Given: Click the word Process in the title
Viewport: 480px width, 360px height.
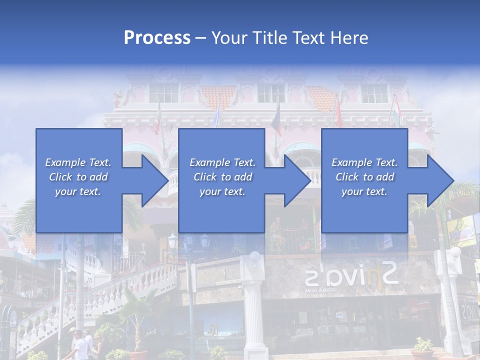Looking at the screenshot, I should tap(157, 38).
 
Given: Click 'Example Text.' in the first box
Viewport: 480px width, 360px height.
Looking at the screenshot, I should tap(78, 162).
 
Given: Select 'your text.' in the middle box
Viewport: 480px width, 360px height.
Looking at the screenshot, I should tap(222, 191).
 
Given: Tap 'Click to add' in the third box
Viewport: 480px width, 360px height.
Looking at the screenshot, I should tap(364, 177).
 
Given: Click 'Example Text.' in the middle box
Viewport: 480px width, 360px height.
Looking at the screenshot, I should tap(222, 162).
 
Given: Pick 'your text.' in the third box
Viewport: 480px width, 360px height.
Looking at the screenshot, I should tap(364, 191).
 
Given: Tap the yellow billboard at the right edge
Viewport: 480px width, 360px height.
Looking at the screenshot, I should tap(461, 230).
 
